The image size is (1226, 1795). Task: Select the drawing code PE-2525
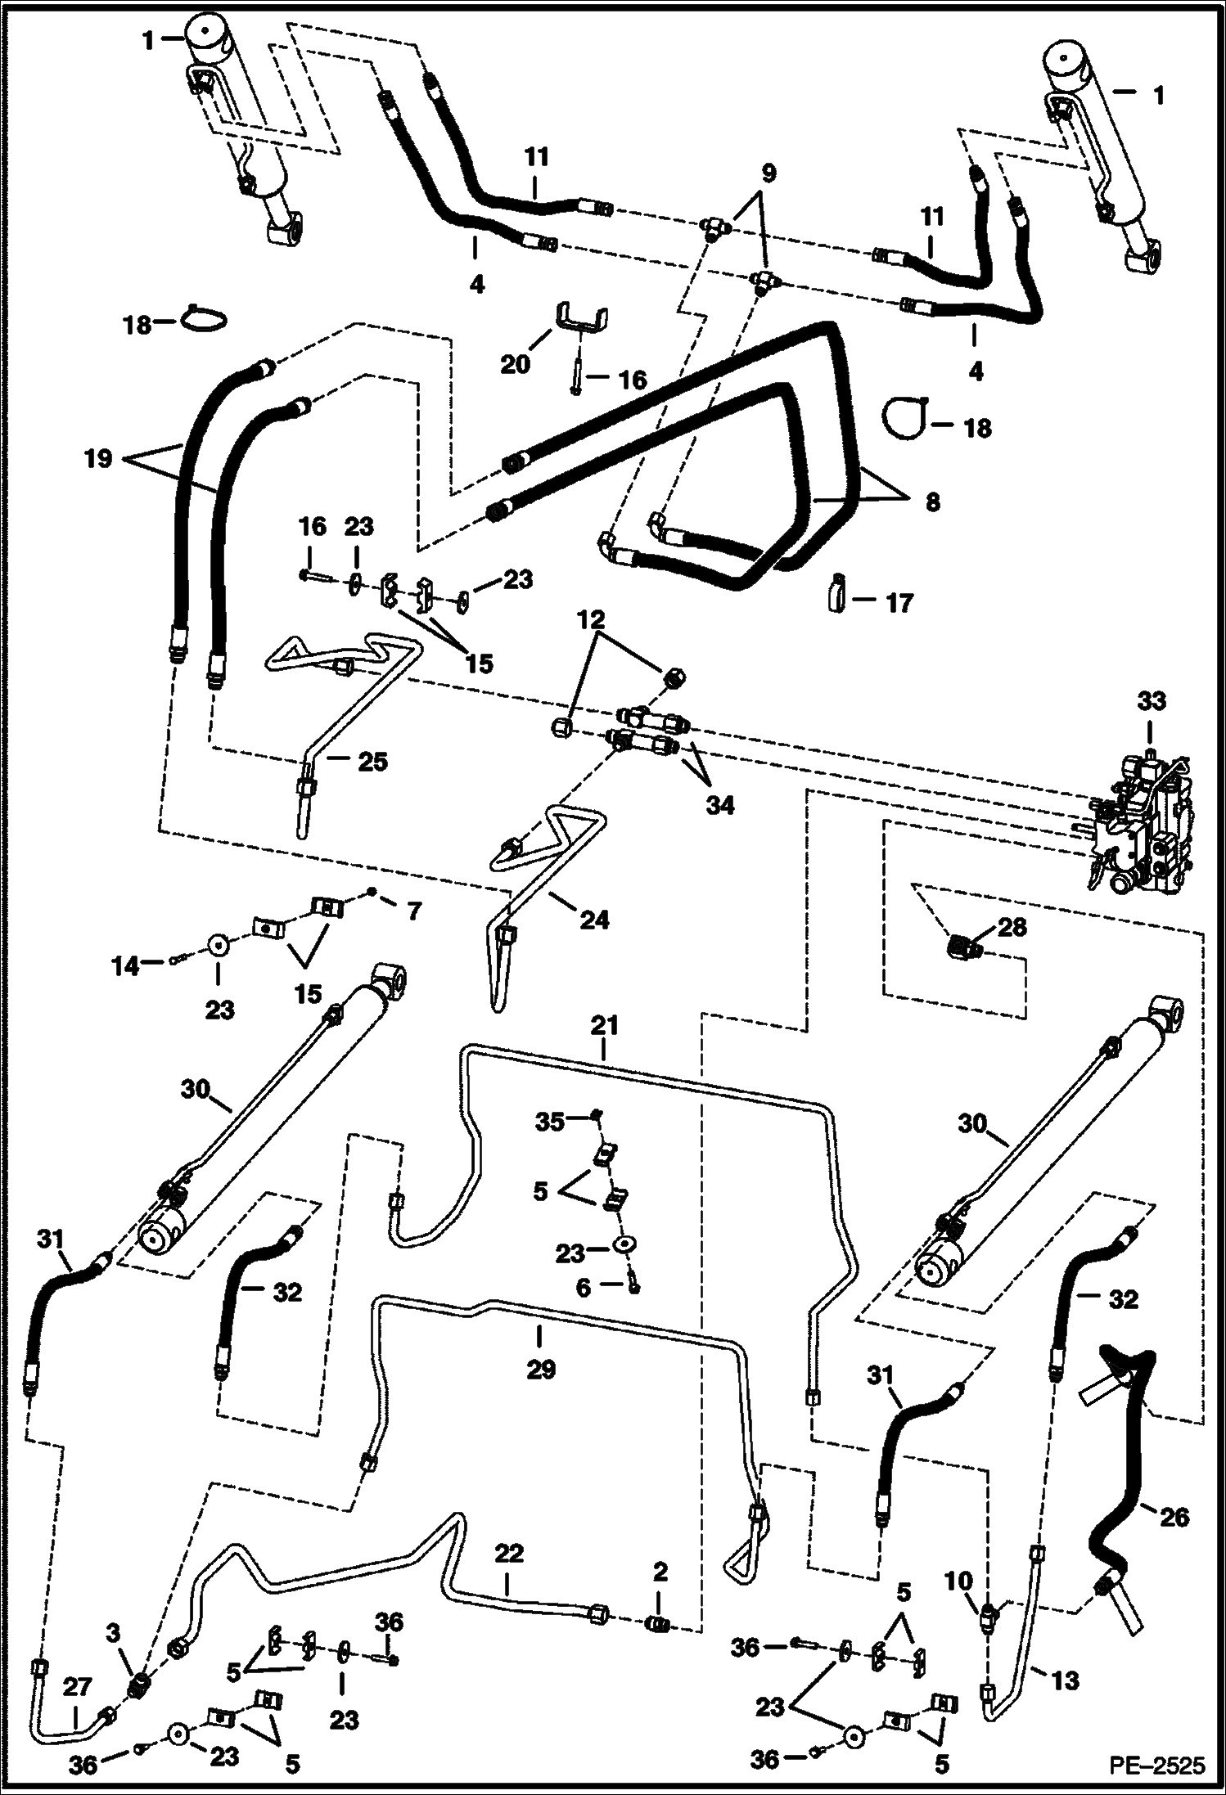coord(1156,1765)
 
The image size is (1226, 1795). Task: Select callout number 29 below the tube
coord(540,1369)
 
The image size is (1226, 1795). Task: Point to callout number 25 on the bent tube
coord(372,762)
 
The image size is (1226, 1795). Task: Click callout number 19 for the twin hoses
coord(97,458)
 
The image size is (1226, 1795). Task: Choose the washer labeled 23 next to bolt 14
coord(219,943)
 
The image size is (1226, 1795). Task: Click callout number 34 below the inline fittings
coord(720,805)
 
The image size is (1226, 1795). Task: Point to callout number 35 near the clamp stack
coord(550,1122)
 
